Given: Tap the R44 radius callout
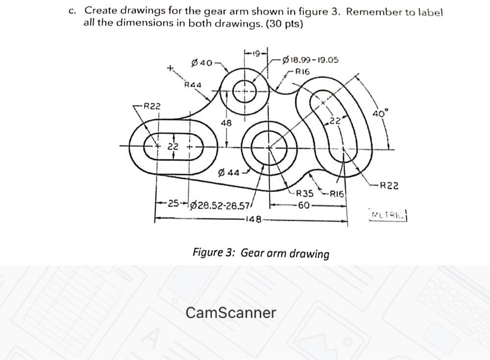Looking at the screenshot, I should [x=193, y=84].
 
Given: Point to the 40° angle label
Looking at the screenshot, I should [x=379, y=113].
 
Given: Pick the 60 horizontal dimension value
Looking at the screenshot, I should [x=303, y=206].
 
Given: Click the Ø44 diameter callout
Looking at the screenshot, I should [x=228, y=172].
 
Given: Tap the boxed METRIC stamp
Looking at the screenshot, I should [x=389, y=215].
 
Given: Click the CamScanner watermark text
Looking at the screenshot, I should [x=231, y=312].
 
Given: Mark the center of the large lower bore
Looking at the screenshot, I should [x=269, y=146].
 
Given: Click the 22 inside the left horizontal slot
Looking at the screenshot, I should [x=173, y=146].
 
